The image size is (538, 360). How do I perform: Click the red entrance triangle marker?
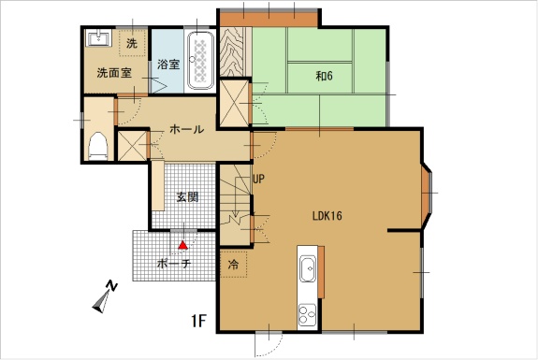click(x=183, y=245)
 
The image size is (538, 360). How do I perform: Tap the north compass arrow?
click(x=102, y=302)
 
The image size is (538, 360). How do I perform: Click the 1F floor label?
click(x=198, y=321)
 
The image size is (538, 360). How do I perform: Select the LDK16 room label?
click(x=327, y=216)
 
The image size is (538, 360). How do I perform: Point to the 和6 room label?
click(x=324, y=76)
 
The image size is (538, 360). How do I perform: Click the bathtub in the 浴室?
click(x=201, y=61)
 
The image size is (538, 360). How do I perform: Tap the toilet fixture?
click(x=98, y=146)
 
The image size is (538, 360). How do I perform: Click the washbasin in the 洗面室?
click(x=99, y=38)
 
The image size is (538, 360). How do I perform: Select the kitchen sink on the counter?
click(x=308, y=268)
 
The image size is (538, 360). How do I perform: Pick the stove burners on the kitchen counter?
click(x=307, y=315)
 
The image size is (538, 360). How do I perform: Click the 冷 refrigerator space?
click(x=233, y=264)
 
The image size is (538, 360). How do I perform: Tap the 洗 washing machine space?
click(x=132, y=43)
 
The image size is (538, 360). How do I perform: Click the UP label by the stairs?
click(x=258, y=179)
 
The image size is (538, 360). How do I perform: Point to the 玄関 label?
click(x=187, y=196)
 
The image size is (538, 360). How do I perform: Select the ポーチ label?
click(x=174, y=264)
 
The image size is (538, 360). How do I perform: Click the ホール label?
click(x=186, y=129)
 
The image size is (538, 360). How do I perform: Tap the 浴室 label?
click(x=168, y=65)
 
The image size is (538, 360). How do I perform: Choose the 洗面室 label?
click(x=114, y=73)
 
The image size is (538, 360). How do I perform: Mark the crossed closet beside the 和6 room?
click(x=234, y=103)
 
